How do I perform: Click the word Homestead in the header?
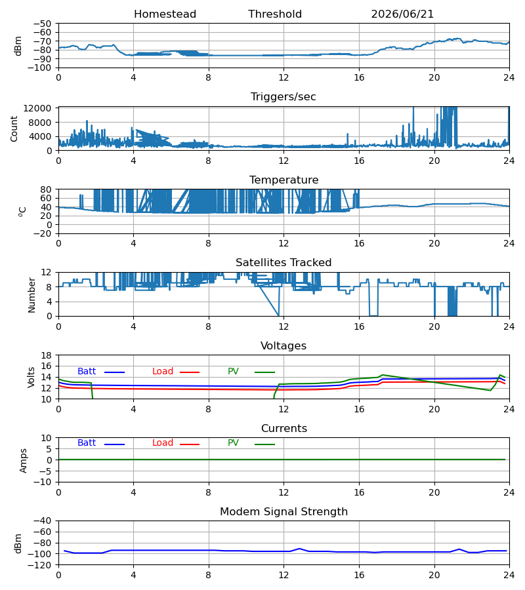pos(165,14)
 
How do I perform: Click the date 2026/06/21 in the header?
pos(402,14)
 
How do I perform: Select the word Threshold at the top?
pos(275,14)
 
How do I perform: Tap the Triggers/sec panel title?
pos(283,97)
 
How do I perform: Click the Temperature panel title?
pos(283,180)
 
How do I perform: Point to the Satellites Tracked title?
pos(283,263)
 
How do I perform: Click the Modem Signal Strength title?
pos(283,512)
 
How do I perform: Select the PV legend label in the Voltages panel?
pos(233,372)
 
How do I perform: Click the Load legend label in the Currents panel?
pos(163,443)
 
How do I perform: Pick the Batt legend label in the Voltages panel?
pos(87,372)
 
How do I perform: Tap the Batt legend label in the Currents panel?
pos(87,443)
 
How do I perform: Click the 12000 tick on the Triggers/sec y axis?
pos(37,108)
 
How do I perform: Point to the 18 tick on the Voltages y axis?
pos(47,355)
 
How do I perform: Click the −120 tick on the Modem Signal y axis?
pos(42,565)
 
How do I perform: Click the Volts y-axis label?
pos(31,378)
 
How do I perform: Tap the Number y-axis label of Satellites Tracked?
pos(31,295)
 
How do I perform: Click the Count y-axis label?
pos(14,128)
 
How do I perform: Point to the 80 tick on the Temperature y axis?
pos(47,189)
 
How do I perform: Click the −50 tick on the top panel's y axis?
pos(42,24)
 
